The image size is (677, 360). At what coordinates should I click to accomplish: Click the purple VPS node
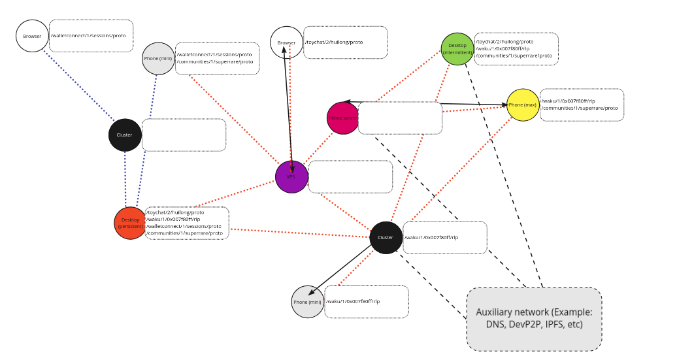(291, 176)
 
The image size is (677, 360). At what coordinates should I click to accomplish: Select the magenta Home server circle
(343, 118)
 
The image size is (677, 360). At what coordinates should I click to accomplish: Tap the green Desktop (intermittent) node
(457, 49)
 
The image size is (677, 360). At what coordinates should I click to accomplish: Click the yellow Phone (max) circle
(522, 105)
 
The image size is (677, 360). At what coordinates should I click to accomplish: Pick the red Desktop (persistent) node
(130, 223)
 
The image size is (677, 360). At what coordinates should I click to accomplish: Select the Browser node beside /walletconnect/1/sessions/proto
(32, 36)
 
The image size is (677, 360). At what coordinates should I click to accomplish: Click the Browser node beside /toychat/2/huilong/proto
(286, 42)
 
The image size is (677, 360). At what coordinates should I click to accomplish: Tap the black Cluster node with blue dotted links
(125, 135)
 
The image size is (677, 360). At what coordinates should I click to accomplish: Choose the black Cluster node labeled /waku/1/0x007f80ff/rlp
(386, 237)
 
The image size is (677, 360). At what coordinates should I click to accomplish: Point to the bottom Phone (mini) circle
(307, 302)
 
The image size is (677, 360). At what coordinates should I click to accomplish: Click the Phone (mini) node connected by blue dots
(158, 59)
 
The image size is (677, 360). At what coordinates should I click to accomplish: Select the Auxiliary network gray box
(534, 319)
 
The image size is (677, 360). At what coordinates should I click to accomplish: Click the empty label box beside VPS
(350, 176)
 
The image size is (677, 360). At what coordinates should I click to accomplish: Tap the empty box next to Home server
(400, 118)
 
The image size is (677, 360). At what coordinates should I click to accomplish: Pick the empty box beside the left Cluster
(184, 135)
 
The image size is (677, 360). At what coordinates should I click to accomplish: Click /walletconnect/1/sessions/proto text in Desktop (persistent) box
(184, 226)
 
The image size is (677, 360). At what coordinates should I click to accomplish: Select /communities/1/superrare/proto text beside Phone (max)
(580, 108)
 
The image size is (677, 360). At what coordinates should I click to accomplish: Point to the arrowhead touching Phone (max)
(504, 105)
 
